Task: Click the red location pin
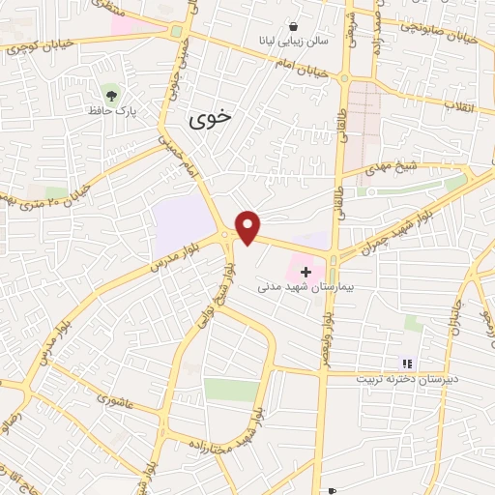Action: pos(248,227)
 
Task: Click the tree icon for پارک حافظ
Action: pos(112,94)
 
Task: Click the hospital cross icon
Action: pos(306,272)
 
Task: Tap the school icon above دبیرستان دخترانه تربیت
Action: pos(408,364)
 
